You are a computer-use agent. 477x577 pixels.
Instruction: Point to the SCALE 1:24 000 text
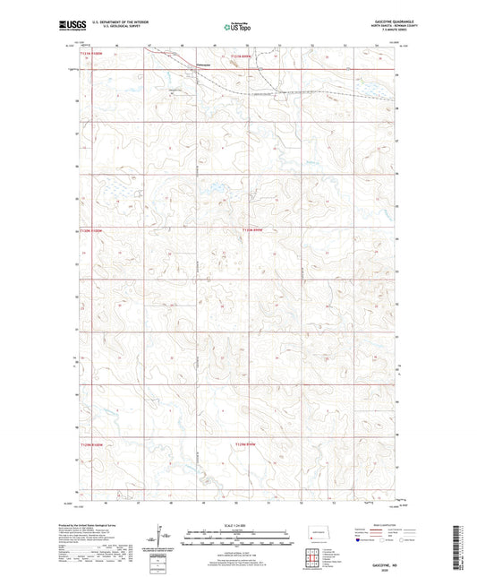click(x=238, y=524)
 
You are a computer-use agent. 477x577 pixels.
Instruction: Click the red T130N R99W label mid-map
click(x=254, y=230)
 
